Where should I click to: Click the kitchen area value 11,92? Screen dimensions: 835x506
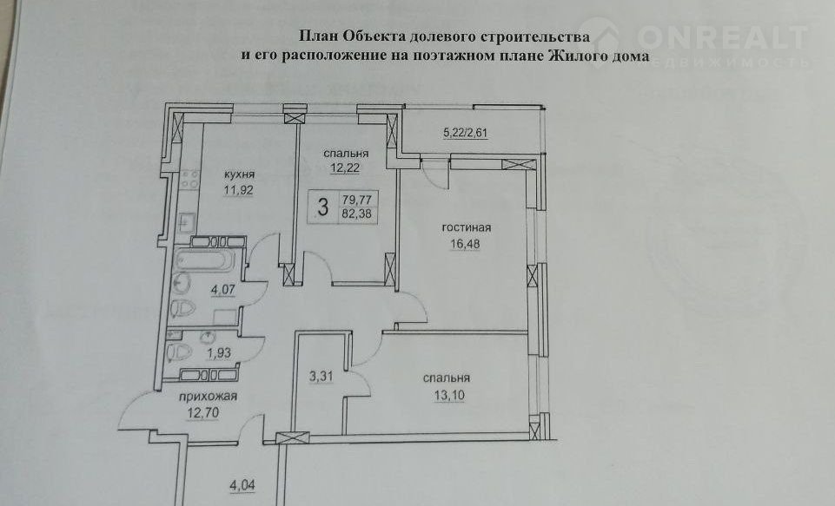(238, 190)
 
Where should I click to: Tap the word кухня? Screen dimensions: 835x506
(239, 174)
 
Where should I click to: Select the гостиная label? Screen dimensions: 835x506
(467, 227)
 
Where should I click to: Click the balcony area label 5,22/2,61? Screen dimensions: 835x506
(466, 132)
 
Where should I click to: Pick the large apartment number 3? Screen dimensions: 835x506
(322, 207)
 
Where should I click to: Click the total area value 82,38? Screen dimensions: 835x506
(357, 214)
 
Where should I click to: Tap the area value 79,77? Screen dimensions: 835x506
(357, 200)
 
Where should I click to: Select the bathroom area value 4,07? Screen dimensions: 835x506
(223, 291)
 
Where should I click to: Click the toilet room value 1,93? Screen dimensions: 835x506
(219, 353)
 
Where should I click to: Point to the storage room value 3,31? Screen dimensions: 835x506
(321, 377)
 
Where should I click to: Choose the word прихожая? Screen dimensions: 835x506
(208, 397)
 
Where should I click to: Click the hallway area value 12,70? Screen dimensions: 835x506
(202, 412)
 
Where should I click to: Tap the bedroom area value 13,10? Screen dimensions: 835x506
(449, 395)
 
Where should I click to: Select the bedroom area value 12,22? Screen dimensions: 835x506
(346, 168)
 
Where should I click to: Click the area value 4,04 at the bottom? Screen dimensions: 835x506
(242, 485)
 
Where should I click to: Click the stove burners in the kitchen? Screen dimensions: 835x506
(190, 180)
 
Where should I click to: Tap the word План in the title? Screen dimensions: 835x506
(318, 36)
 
